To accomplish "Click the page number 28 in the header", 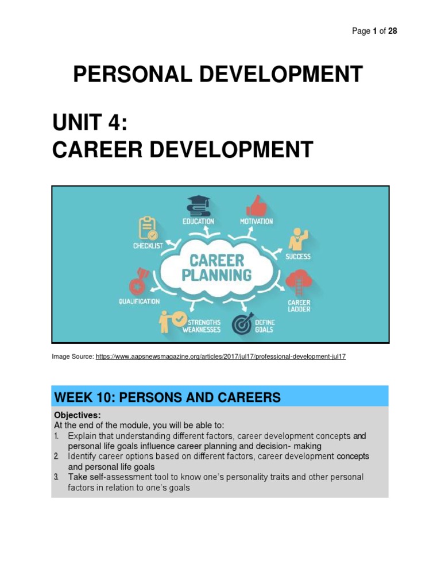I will tap(392, 31).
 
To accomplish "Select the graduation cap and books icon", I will tap(199, 206).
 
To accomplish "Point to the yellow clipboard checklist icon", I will tap(148, 229).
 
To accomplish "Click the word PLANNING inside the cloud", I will tap(216, 275).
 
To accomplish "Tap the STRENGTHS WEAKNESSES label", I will tap(201, 326).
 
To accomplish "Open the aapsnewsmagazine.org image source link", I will tap(220, 357).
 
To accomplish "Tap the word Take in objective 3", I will tap(77, 477).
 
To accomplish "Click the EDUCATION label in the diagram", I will tap(198, 222).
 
